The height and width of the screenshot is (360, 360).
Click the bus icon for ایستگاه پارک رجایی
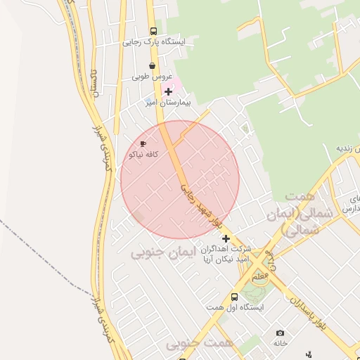(x=153, y=31)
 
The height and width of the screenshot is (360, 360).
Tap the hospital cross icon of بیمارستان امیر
(x=168, y=91)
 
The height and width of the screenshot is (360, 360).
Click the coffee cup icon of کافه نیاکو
(x=143, y=144)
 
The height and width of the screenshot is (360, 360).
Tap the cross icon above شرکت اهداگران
(x=226, y=239)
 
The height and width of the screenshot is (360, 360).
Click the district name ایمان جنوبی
(x=157, y=253)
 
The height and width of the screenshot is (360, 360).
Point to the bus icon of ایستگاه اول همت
(x=235, y=297)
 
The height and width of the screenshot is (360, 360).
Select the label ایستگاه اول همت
(x=235, y=308)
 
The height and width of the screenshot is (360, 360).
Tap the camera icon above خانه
(x=280, y=333)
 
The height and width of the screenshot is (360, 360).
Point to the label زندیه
(x=347, y=148)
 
